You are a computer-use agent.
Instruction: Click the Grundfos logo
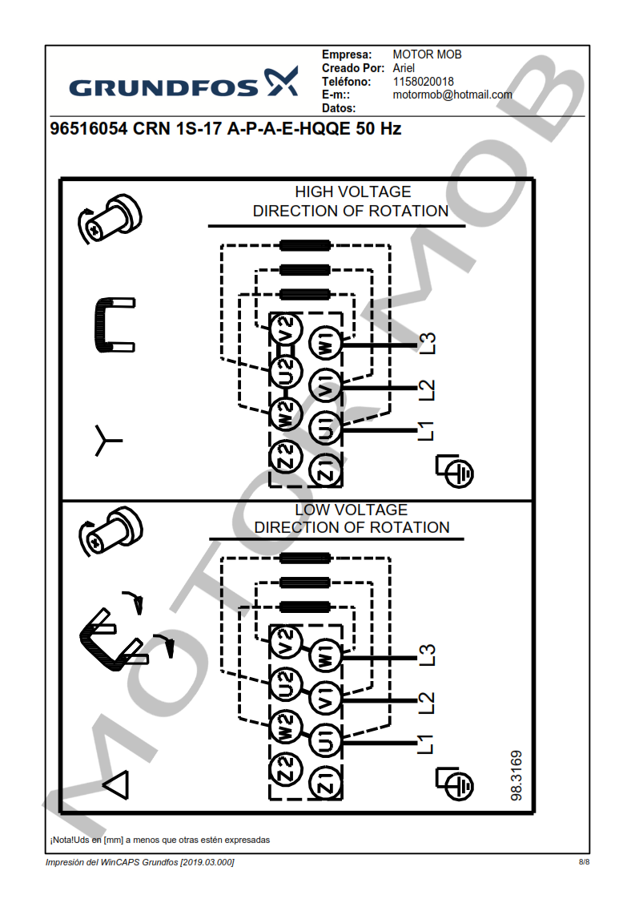183,84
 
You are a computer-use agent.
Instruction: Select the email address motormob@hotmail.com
452,95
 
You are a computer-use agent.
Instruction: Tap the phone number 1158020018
423,82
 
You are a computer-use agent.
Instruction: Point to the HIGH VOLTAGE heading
352,192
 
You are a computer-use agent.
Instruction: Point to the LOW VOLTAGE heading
351,510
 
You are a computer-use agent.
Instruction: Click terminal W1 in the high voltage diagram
326,345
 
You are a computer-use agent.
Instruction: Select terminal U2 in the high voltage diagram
285,370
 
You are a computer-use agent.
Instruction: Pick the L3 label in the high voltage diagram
428,344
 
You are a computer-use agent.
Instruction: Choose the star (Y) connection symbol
107,440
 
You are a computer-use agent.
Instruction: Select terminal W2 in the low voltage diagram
285,727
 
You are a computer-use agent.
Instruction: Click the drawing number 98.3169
516,775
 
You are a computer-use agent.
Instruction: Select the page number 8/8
584,862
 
